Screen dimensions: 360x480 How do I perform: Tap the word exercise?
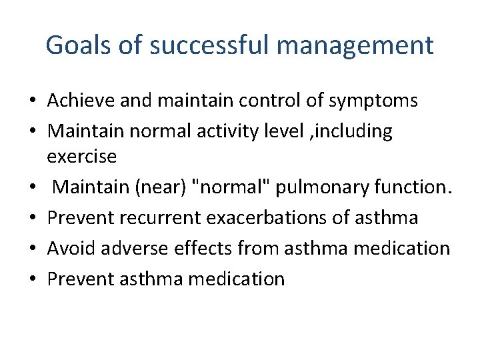coord(82,157)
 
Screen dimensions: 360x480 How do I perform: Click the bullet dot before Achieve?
coord(31,101)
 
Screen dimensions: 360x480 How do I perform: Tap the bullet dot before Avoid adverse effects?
coord(31,249)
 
